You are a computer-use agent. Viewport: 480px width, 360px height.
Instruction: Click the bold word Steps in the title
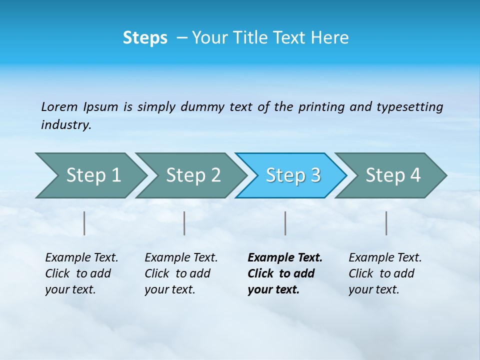(145, 38)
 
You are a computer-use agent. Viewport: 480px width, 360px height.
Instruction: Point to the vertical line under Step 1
(84, 223)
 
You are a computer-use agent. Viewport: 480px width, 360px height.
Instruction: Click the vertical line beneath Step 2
(184, 223)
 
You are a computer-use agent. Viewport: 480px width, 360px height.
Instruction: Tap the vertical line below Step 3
(285, 223)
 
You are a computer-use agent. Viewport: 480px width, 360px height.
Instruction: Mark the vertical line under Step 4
(386, 223)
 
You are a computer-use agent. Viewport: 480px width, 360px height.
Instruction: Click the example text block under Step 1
(81, 273)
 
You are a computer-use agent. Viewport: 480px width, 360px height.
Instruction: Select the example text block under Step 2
(180, 273)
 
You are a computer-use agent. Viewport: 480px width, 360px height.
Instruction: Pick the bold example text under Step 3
(284, 273)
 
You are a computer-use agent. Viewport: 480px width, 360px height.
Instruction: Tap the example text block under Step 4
(384, 273)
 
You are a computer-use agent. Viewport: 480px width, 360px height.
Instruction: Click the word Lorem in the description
(59, 107)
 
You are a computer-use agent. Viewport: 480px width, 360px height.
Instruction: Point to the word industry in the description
(65, 125)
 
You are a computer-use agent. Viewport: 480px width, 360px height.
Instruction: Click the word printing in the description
(321, 107)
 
